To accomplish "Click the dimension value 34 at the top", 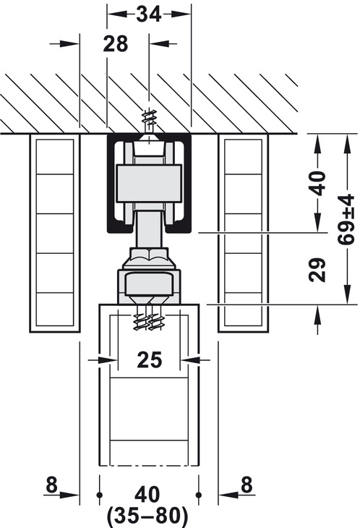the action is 149,14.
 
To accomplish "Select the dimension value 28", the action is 116,44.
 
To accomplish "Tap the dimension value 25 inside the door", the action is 150,359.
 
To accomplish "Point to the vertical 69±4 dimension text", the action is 346,219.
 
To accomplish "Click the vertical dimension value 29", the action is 317,270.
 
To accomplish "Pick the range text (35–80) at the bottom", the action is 147,515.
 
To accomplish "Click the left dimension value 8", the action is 51,485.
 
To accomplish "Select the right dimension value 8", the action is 247,485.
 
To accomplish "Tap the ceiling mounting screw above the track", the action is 149,123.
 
